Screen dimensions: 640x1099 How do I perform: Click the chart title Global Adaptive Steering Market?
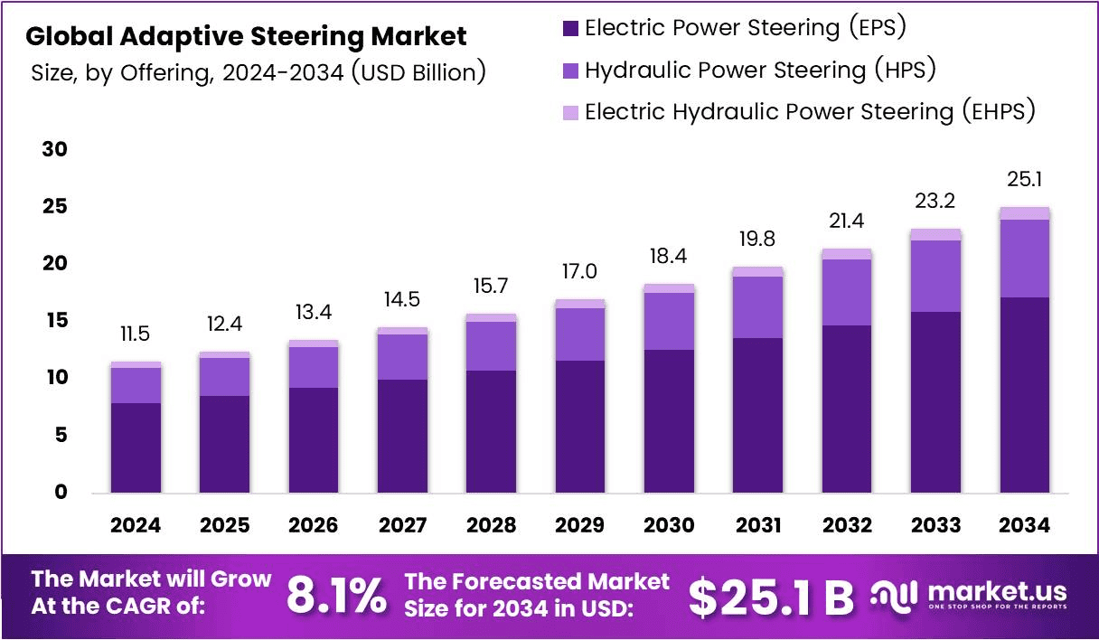(x=246, y=37)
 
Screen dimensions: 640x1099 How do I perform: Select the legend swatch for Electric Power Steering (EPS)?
(x=570, y=28)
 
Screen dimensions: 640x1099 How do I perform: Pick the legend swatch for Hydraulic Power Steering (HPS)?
(x=570, y=71)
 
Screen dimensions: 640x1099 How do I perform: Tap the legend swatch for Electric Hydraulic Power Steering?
(x=570, y=113)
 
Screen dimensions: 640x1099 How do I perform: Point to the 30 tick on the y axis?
(x=55, y=149)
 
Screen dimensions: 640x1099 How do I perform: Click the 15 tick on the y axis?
(x=55, y=321)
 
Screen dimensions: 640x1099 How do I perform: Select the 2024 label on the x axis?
(x=136, y=525)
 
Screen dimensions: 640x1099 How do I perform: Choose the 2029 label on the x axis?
(x=580, y=525)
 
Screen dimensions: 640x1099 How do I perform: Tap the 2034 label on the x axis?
(x=1024, y=525)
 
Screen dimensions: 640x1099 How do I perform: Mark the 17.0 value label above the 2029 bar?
(x=580, y=272)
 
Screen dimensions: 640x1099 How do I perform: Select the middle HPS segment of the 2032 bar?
(x=847, y=292)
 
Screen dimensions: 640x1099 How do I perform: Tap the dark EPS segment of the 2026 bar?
(x=314, y=440)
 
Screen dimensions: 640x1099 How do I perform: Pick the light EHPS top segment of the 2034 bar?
(x=1024, y=213)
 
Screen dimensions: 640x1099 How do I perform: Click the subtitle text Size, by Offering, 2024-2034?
(x=258, y=72)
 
